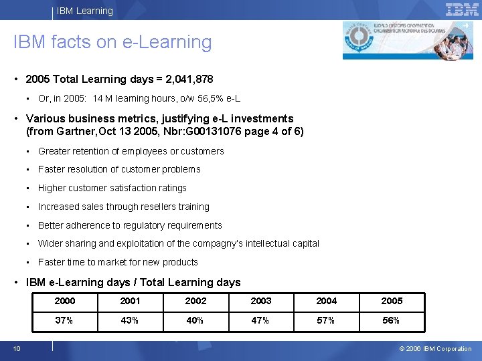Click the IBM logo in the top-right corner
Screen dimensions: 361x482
tap(462, 9)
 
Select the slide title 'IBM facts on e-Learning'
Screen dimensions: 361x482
tap(112, 42)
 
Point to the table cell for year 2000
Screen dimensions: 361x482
tap(64, 301)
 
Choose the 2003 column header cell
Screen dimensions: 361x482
tap(260, 301)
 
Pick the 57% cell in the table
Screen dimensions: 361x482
tap(326, 320)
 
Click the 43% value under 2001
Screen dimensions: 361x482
tap(130, 320)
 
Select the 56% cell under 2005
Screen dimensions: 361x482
tap(391, 320)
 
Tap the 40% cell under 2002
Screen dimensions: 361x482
tap(195, 320)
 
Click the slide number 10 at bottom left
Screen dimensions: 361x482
tap(16, 348)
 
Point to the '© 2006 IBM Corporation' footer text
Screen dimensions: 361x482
tap(435, 349)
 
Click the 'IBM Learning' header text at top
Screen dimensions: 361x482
tap(85, 11)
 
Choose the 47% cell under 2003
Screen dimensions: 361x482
tap(260, 320)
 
